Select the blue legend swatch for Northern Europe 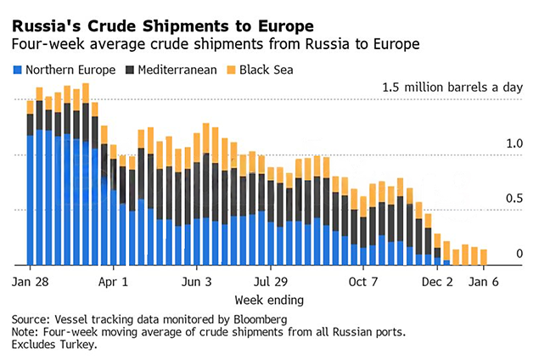click(18, 70)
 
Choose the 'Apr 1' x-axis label click(113, 281)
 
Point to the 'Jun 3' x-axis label click(196, 281)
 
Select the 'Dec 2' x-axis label click(439, 281)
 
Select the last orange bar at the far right click(484, 256)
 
